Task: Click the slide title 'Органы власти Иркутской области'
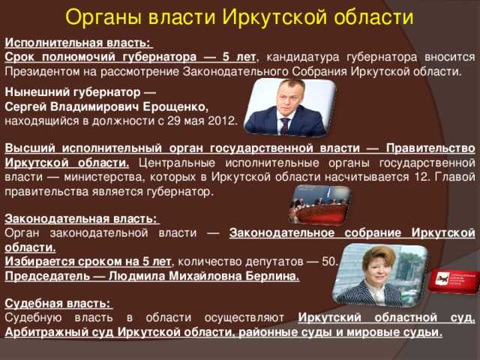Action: tap(240, 16)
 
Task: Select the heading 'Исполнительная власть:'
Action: tap(77, 43)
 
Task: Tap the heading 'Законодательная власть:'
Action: tap(82, 219)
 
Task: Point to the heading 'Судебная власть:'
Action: tap(58, 304)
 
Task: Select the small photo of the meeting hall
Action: tap(320, 205)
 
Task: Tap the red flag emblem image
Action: tap(453, 280)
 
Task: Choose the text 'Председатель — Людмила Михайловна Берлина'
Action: tap(151, 275)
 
